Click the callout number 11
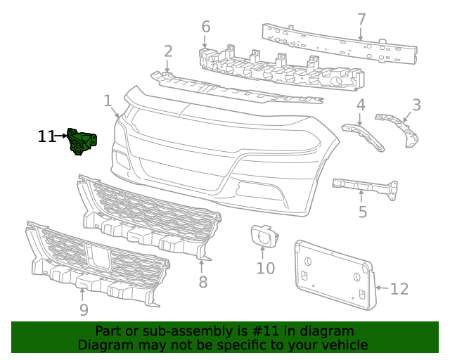[x=46, y=136]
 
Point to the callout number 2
[x=168, y=51]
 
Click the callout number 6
[x=205, y=27]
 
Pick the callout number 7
[x=361, y=19]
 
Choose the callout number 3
[x=416, y=105]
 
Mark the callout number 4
[x=360, y=105]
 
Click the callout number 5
[x=362, y=211]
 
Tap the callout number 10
[x=265, y=268]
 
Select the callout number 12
[x=399, y=288]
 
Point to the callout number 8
[x=202, y=282]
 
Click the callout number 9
[x=83, y=310]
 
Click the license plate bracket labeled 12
[x=334, y=274]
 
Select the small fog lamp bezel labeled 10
[x=263, y=236]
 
